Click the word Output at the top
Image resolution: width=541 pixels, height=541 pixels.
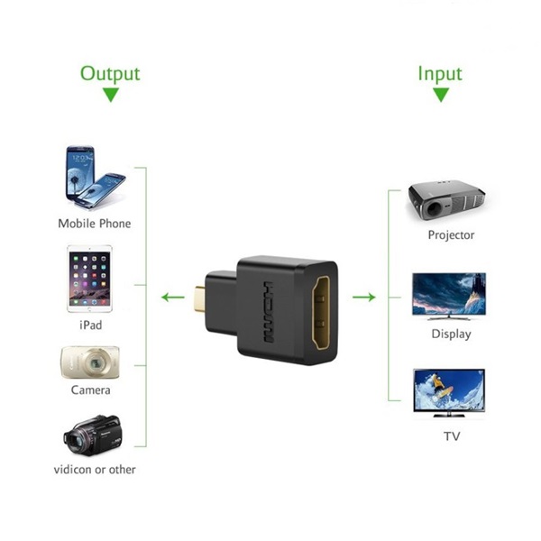(111, 73)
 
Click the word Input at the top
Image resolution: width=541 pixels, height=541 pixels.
(439, 73)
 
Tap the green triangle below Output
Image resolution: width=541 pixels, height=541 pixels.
(111, 95)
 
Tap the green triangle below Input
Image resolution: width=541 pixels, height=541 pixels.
(440, 95)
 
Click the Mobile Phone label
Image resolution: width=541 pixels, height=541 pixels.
(94, 223)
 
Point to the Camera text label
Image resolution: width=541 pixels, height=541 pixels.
(91, 390)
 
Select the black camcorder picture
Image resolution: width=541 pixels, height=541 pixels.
(92, 435)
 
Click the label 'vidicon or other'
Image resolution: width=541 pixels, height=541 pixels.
(94, 469)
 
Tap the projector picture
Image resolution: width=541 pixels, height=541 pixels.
(448, 199)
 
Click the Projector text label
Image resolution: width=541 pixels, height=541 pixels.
(451, 235)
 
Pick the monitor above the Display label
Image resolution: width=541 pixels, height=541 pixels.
(448, 294)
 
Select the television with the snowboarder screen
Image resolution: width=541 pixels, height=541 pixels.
(448, 391)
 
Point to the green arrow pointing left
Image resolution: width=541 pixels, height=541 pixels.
(170, 297)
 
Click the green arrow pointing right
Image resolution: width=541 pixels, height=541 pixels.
(364, 297)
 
